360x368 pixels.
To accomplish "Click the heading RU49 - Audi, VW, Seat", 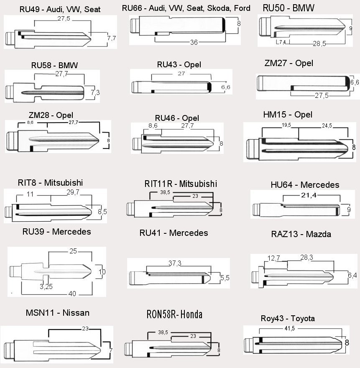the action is pyautogui.click(x=60, y=9).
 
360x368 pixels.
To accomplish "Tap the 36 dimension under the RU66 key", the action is pyautogui.click(x=194, y=42).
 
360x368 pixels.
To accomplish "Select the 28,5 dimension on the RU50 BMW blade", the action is pyautogui.click(x=319, y=43).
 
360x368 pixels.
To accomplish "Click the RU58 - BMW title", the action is pyautogui.click(x=54, y=65).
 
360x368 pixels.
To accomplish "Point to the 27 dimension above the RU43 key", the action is pyautogui.click(x=181, y=74).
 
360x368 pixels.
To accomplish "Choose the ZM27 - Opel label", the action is pyautogui.click(x=289, y=63).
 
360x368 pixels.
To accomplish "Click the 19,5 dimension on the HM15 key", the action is pyautogui.click(x=286, y=125).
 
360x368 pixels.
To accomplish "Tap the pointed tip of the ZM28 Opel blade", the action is pyautogui.click(x=99, y=141).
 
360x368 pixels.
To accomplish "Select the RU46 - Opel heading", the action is pyautogui.click(x=177, y=118).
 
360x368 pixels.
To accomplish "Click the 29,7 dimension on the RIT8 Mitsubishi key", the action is pyautogui.click(x=73, y=192).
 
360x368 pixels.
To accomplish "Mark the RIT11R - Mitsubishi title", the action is pyautogui.click(x=181, y=184).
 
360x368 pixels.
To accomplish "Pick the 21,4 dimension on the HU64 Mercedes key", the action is pyautogui.click(x=309, y=195).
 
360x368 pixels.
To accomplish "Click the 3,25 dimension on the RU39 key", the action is pyautogui.click(x=46, y=286).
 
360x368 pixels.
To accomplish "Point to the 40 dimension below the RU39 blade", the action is pyautogui.click(x=72, y=294).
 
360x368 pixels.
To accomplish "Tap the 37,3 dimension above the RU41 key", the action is pyautogui.click(x=175, y=263).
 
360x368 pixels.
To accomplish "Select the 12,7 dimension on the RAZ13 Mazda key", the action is pyautogui.click(x=273, y=258).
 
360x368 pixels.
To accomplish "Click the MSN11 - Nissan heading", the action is pyautogui.click(x=58, y=313).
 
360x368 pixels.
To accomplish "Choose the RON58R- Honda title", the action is pyautogui.click(x=174, y=314).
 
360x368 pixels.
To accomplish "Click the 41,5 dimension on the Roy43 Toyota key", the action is pyautogui.click(x=290, y=328).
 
